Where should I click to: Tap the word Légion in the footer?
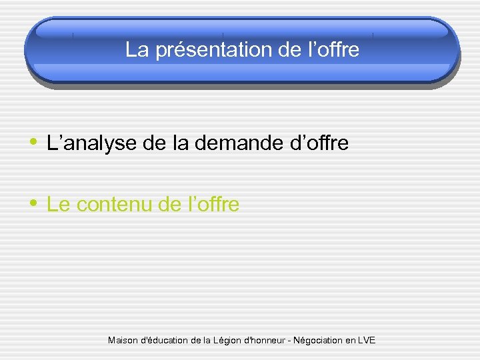(x=230, y=341)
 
